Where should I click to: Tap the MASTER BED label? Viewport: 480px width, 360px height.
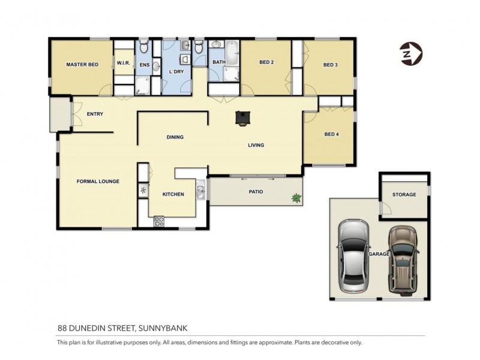[x=82, y=64]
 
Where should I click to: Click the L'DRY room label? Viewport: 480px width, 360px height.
[x=176, y=71]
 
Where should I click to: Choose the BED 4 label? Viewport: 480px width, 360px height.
[x=331, y=134]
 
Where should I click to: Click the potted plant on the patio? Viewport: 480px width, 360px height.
[x=296, y=197]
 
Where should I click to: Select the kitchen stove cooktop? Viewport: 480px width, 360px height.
[x=160, y=221]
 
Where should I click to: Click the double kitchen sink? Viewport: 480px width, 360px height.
[x=202, y=191]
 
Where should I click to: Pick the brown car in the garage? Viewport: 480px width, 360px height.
[x=403, y=259]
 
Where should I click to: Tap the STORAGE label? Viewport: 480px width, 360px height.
[x=404, y=194]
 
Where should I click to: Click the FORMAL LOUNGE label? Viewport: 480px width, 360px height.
[x=97, y=181]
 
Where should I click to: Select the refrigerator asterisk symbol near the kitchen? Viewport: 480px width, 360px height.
[x=143, y=191]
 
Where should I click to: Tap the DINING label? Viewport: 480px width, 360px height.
[x=175, y=137]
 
